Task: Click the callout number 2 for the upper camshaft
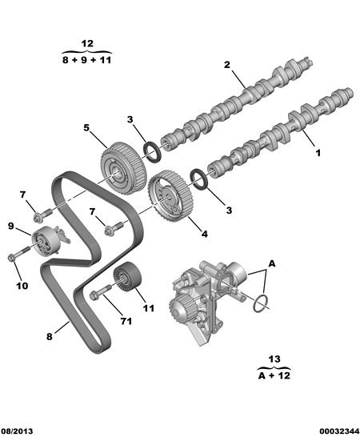pyautogui.click(x=227, y=65)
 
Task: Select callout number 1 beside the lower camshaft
pyautogui.click(x=318, y=153)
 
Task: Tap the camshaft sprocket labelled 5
pyautogui.click(x=123, y=168)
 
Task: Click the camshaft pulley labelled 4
pyautogui.click(x=170, y=196)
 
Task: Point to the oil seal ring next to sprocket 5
pyautogui.click(x=152, y=152)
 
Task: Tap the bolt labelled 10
pyautogui.click(x=19, y=253)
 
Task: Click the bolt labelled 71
pyautogui.click(x=100, y=291)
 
